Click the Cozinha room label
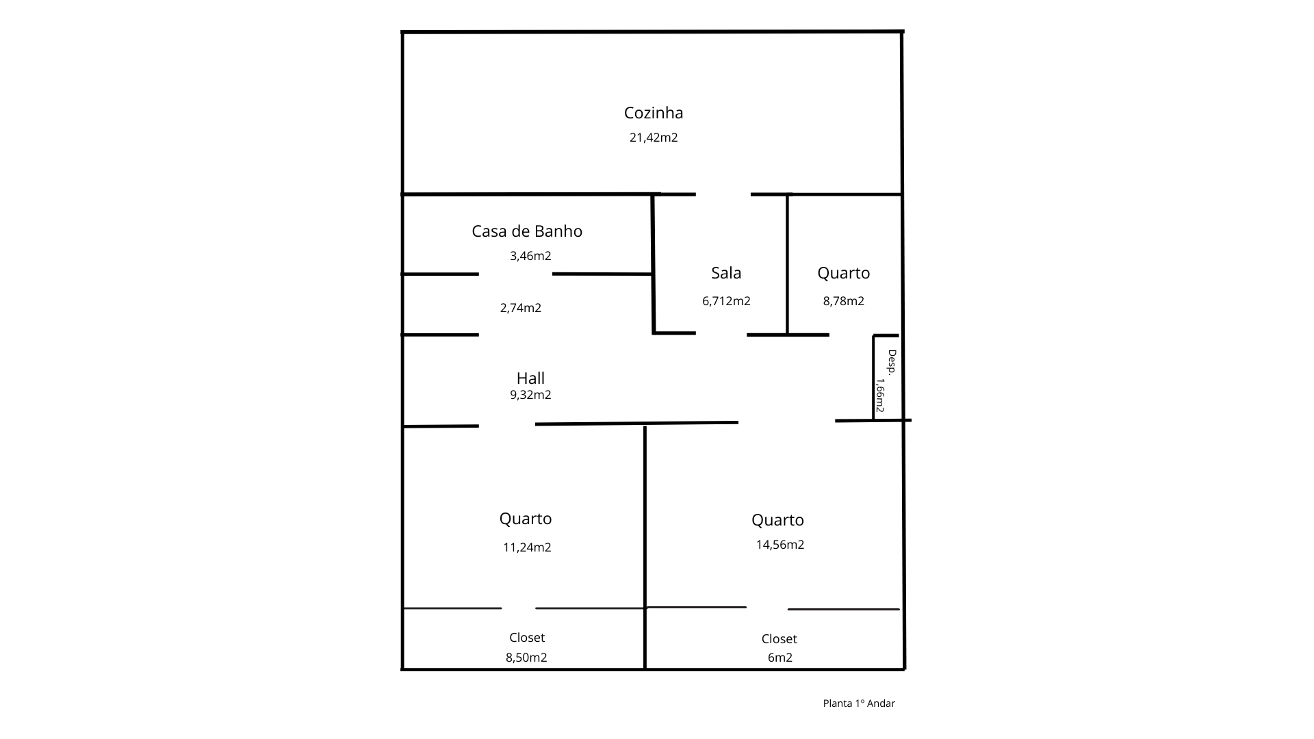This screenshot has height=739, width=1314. click(654, 113)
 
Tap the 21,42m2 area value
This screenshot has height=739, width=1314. click(654, 138)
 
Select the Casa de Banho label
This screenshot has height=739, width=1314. click(527, 231)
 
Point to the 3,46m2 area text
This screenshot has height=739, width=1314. click(530, 256)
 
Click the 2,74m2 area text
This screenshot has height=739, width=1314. click(521, 308)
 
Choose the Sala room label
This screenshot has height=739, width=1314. click(726, 273)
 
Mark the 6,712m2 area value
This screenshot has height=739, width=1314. click(726, 301)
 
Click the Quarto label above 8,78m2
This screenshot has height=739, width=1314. click(843, 273)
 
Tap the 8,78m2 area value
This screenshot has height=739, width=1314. click(843, 301)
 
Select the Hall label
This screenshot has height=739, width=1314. click(530, 378)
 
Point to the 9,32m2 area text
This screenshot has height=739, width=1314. click(530, 395)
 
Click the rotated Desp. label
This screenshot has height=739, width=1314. click(892, 361)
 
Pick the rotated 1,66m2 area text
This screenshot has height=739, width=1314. click(881, 396)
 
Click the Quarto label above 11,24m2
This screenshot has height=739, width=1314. click(526, 519)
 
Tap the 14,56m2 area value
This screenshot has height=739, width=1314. click(780, 545)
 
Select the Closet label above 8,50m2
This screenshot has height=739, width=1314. click(527, 638)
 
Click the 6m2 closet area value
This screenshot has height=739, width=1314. click(780, 658)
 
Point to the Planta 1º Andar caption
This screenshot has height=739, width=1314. click(859, 703)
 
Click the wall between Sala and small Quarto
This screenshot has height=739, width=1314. click(787, 263)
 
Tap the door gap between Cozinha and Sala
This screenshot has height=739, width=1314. click(723, 194)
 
